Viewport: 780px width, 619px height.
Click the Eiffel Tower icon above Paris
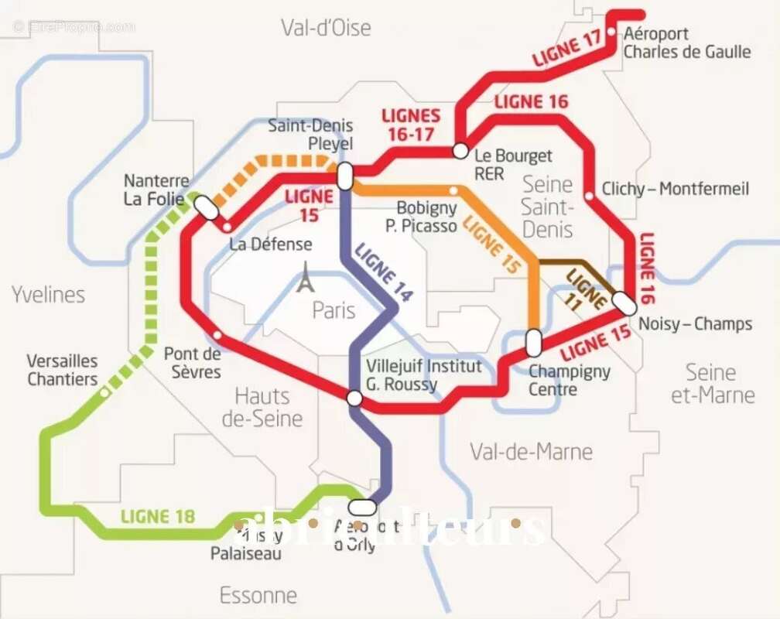pos(306,278)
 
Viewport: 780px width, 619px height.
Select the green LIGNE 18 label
pos(158,516)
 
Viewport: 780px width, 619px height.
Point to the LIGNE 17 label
pos(568,49)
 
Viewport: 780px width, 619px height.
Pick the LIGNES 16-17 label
pos(411,125)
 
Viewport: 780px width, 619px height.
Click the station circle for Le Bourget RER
pos(460,150)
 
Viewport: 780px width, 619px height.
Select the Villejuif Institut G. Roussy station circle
pos(354,398)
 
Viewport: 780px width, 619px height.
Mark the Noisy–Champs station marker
pos(625,304)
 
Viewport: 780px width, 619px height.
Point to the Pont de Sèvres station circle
pos(217,335)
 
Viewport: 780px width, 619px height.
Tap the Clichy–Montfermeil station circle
pos(590,196)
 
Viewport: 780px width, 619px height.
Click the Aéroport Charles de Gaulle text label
pos(686,43)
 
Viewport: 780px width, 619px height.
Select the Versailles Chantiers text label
pos(63,370)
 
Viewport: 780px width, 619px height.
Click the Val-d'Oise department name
pos(326,29)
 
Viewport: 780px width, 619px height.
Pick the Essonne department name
pos(258,595)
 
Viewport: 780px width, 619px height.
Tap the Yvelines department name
pos(48,294)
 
